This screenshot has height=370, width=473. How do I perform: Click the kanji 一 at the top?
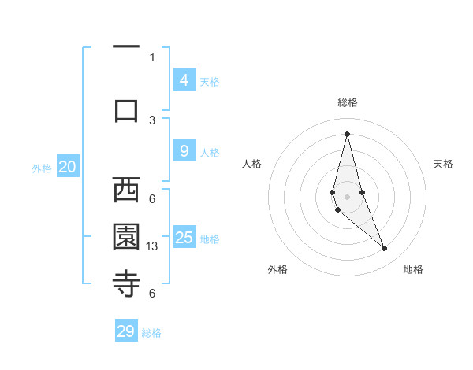coord(126,47)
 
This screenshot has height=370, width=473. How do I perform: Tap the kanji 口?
coord(126,109)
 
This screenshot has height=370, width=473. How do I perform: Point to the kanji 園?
coord(126,236)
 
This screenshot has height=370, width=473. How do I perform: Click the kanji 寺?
coord(126,283)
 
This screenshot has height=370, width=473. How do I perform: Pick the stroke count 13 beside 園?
coord(152,246)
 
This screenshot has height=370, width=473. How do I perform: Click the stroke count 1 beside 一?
coord(152,57)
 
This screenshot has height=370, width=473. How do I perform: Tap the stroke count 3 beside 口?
coord(152,120)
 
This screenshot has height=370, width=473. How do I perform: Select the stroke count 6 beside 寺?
coord(152,294)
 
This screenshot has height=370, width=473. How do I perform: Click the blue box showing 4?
coord(184,80)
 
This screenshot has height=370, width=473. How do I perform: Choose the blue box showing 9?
coord(184,151)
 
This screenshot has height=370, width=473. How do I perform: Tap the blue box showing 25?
coord(184,238)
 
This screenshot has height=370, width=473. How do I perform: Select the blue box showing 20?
coord(67,167)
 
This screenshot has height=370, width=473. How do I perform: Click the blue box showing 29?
coord(126,331)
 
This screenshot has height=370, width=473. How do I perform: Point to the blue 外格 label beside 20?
coord(42,168)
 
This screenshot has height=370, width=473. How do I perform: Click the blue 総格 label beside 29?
coord(151,333)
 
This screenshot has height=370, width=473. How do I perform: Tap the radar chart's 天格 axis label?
coord(444,164)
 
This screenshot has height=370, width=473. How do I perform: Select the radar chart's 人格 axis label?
coord(251,164)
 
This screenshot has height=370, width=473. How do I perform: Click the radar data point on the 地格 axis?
coord(385,249)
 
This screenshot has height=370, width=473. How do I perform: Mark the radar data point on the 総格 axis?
coord(347,133)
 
